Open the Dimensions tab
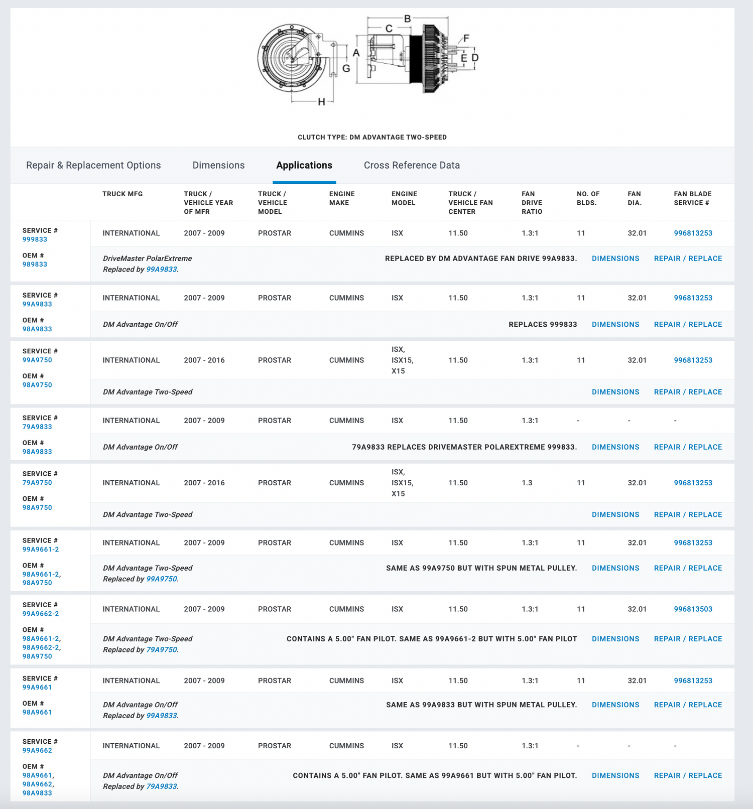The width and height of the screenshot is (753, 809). click(x=218, y=165)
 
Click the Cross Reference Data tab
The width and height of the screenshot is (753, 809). click(x=412, y=165)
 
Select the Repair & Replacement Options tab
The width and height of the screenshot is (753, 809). click(x=93, y=165)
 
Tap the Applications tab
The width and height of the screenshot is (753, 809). click(x=304, y=165)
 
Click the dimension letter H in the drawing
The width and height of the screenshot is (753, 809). click(x=322, y=102)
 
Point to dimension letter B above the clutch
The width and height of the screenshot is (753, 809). click(x=408, y=19)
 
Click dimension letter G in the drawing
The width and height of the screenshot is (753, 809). click(x=346, y=68)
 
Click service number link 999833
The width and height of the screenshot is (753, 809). click(x=35, y=239)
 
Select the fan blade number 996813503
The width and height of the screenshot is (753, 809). click(x=693, y=609)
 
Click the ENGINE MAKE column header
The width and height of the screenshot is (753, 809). click(x=342, y=198)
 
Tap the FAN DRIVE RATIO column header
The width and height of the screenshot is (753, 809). click(x=532, y=203)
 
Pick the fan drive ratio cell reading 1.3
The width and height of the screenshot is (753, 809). click(x=527, y=483)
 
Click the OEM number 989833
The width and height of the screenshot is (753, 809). click(x=35, y=264)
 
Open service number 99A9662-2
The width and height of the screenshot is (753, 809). click(x=41, y=614)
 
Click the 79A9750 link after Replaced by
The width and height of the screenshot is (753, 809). click(x=161, y=650)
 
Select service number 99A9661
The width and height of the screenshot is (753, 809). click(x=37, y=688)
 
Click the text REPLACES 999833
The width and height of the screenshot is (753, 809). click(x=543, y=325)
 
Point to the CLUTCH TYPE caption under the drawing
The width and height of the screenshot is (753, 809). click(x=372, y=137)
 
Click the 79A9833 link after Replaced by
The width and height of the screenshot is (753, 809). click(x=161, y=786)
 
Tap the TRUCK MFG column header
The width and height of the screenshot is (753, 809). click(x=122, y=194)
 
